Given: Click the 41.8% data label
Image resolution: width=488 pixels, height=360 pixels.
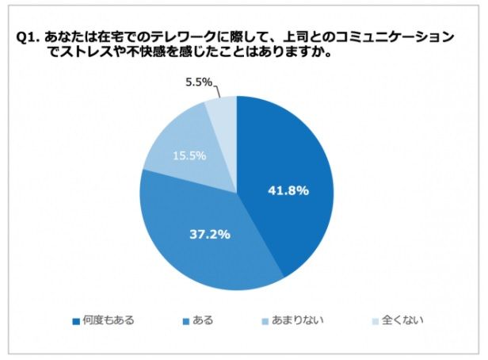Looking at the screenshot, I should [286, 191].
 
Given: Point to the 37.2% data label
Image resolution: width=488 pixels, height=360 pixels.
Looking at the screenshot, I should [210, 234].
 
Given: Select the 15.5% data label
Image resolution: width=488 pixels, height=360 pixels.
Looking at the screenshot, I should [189, 156].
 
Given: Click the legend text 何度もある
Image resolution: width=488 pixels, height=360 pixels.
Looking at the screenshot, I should [108, 321].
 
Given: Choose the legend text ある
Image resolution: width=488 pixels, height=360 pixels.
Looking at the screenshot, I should [202, 321].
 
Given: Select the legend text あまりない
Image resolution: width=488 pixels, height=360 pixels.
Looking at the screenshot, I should [299, 321].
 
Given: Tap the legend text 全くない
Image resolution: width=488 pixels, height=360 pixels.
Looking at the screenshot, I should [402, 321].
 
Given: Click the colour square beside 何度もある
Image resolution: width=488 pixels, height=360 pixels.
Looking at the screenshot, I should [76, 322].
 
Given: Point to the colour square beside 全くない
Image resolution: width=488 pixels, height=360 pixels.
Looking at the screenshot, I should [375, 322].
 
